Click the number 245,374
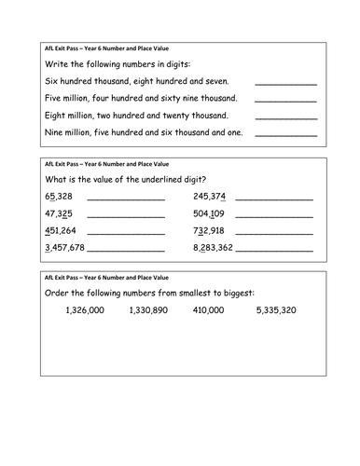[x=209, y=197]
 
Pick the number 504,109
[x=209, y=213]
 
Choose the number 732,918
[x=209, y=231]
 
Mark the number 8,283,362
[x=214, y=248]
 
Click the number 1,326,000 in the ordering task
[x=73, y=310]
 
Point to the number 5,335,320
[x=276, y=310]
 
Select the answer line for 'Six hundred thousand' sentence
[x=285, y=84]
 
